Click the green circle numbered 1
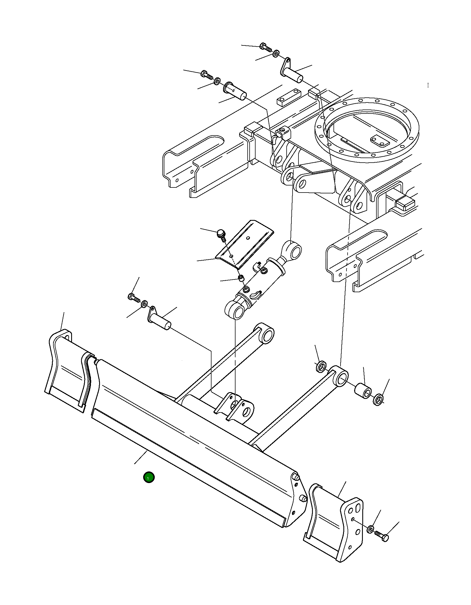click(149, 477)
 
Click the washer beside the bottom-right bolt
click(370, 530)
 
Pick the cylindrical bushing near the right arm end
click(363, 391)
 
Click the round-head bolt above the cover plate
click(221, 234)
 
